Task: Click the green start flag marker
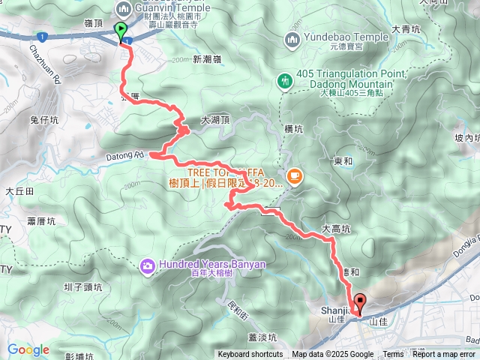(121, 31)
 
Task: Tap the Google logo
(28, 349)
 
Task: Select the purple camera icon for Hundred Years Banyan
(147, 265)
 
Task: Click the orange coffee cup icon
(294, 176)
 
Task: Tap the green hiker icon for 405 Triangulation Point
(284, 80)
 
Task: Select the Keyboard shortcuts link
(250, 355)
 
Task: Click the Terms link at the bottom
(393, 355)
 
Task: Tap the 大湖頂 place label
(215, 120)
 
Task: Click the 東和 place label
(343, 160)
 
